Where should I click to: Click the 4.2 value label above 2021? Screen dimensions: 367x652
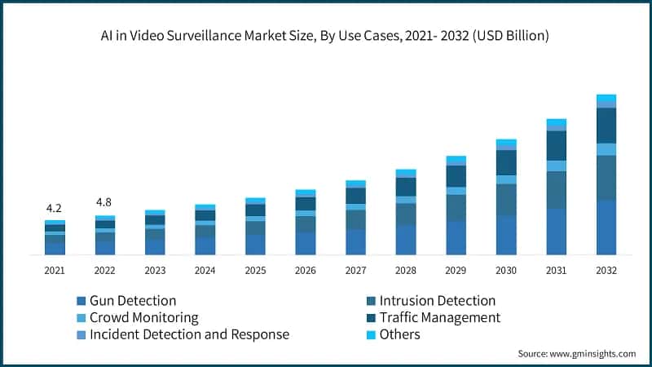[55, 208]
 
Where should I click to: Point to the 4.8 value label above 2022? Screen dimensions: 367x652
[104, 202]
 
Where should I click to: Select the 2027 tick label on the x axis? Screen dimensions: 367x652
[355, 270]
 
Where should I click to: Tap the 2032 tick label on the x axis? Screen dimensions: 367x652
[606, 270]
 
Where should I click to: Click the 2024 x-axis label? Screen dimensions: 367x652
[205, 270]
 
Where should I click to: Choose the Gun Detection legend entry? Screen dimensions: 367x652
[132, 301]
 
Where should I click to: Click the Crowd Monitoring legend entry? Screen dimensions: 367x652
[143, 317]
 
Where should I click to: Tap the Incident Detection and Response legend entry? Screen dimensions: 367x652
[189, 334]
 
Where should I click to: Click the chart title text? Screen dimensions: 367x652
[326, 37]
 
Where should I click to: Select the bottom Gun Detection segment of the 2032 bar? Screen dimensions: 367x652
[606, 228]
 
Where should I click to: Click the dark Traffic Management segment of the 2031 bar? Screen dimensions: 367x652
[556, 145]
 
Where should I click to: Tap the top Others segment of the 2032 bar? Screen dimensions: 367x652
[606, 99]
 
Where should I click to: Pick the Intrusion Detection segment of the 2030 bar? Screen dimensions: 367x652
[506, 200]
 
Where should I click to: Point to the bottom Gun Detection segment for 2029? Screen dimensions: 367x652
[456, 238]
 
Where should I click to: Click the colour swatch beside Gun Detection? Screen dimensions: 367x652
[81, 301]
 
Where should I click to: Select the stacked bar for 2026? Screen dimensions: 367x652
[306, 223]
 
